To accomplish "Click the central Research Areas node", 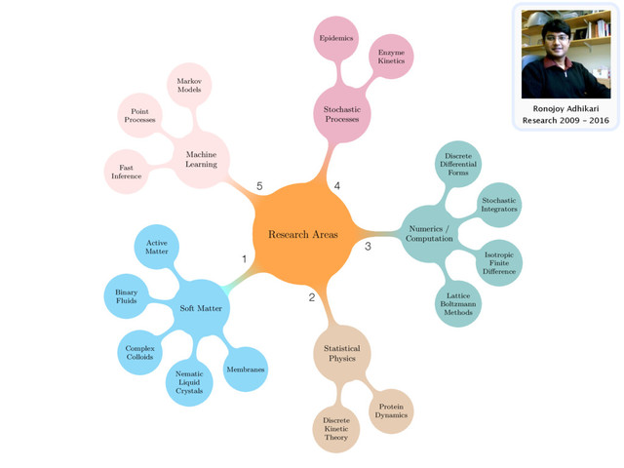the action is [x=302, y=235].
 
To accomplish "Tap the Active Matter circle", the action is [x=156, y=249].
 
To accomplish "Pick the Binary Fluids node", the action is [x=126, y=297].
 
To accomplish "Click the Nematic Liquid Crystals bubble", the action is [x=189, y=380].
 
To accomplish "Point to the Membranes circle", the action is [x=245, y=370].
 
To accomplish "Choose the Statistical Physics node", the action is [x=341, y=355].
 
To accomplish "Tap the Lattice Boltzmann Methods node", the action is [x=458, y=302].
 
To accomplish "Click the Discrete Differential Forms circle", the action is [x=458, y=165].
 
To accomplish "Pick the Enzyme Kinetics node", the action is [x=391, y=56].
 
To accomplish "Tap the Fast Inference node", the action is [x=126, y=173].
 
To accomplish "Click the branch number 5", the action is [x=259, y=186].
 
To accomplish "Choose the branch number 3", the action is [x=368, y=247].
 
